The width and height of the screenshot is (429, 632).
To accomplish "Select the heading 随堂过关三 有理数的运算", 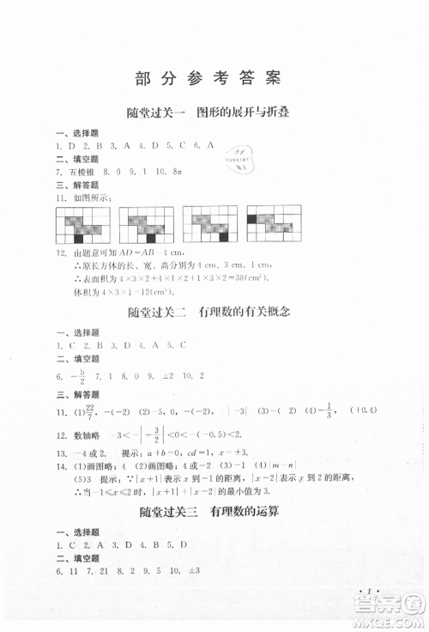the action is coord(214,538).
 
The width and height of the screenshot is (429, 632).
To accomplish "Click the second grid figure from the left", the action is coord(147,227).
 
